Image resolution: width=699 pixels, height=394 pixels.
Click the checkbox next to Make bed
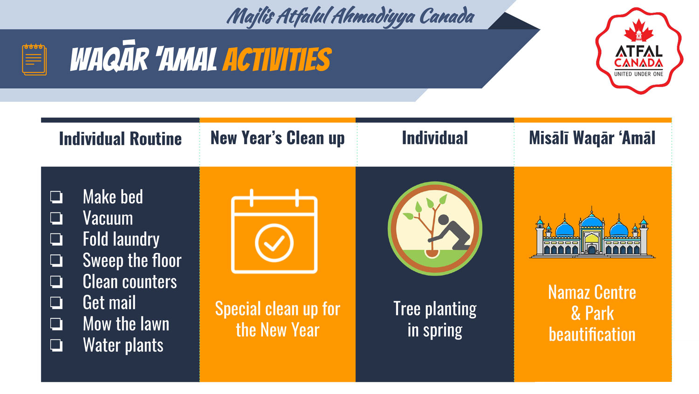tap(56, 197)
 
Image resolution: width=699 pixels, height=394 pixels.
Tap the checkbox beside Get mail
tap(56, 303)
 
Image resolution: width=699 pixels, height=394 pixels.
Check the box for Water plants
tap(56, 345)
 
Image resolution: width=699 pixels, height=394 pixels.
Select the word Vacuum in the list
tap(108, 218)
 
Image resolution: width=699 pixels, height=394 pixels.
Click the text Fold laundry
tap(121, 239)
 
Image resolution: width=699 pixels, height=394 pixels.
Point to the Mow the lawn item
tap(126, 324)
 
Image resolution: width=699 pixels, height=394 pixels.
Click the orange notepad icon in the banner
tap(34, 59)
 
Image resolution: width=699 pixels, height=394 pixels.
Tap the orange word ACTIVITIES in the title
tap(277, 59)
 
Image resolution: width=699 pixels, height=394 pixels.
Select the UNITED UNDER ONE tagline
tap(638, 74)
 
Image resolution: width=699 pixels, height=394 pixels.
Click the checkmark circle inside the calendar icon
tap(274, 243)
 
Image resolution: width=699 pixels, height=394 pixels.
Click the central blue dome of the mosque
tap(592, 220)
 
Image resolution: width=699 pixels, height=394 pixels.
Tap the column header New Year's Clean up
tap(277, 138)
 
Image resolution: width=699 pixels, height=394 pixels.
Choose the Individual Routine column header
tap(120, 139)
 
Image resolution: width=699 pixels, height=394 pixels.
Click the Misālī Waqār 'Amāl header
tap(592, 138)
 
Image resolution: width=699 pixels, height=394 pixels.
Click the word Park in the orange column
tap(599, 313)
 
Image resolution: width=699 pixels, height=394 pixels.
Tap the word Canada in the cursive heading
tap(447, 16)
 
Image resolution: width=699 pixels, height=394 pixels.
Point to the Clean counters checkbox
tap(56, 281)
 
